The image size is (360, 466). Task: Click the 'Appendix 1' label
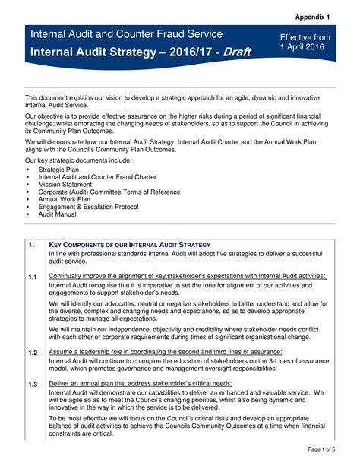318,16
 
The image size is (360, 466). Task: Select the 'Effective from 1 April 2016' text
305,43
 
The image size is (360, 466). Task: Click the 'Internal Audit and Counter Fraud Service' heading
126,34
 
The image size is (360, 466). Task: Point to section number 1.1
33,277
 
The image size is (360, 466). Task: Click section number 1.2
33,353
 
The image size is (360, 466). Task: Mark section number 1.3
33,385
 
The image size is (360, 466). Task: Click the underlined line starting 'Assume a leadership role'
165,353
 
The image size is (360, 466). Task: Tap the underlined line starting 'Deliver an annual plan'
140,384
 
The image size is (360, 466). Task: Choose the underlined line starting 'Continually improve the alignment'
187,276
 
